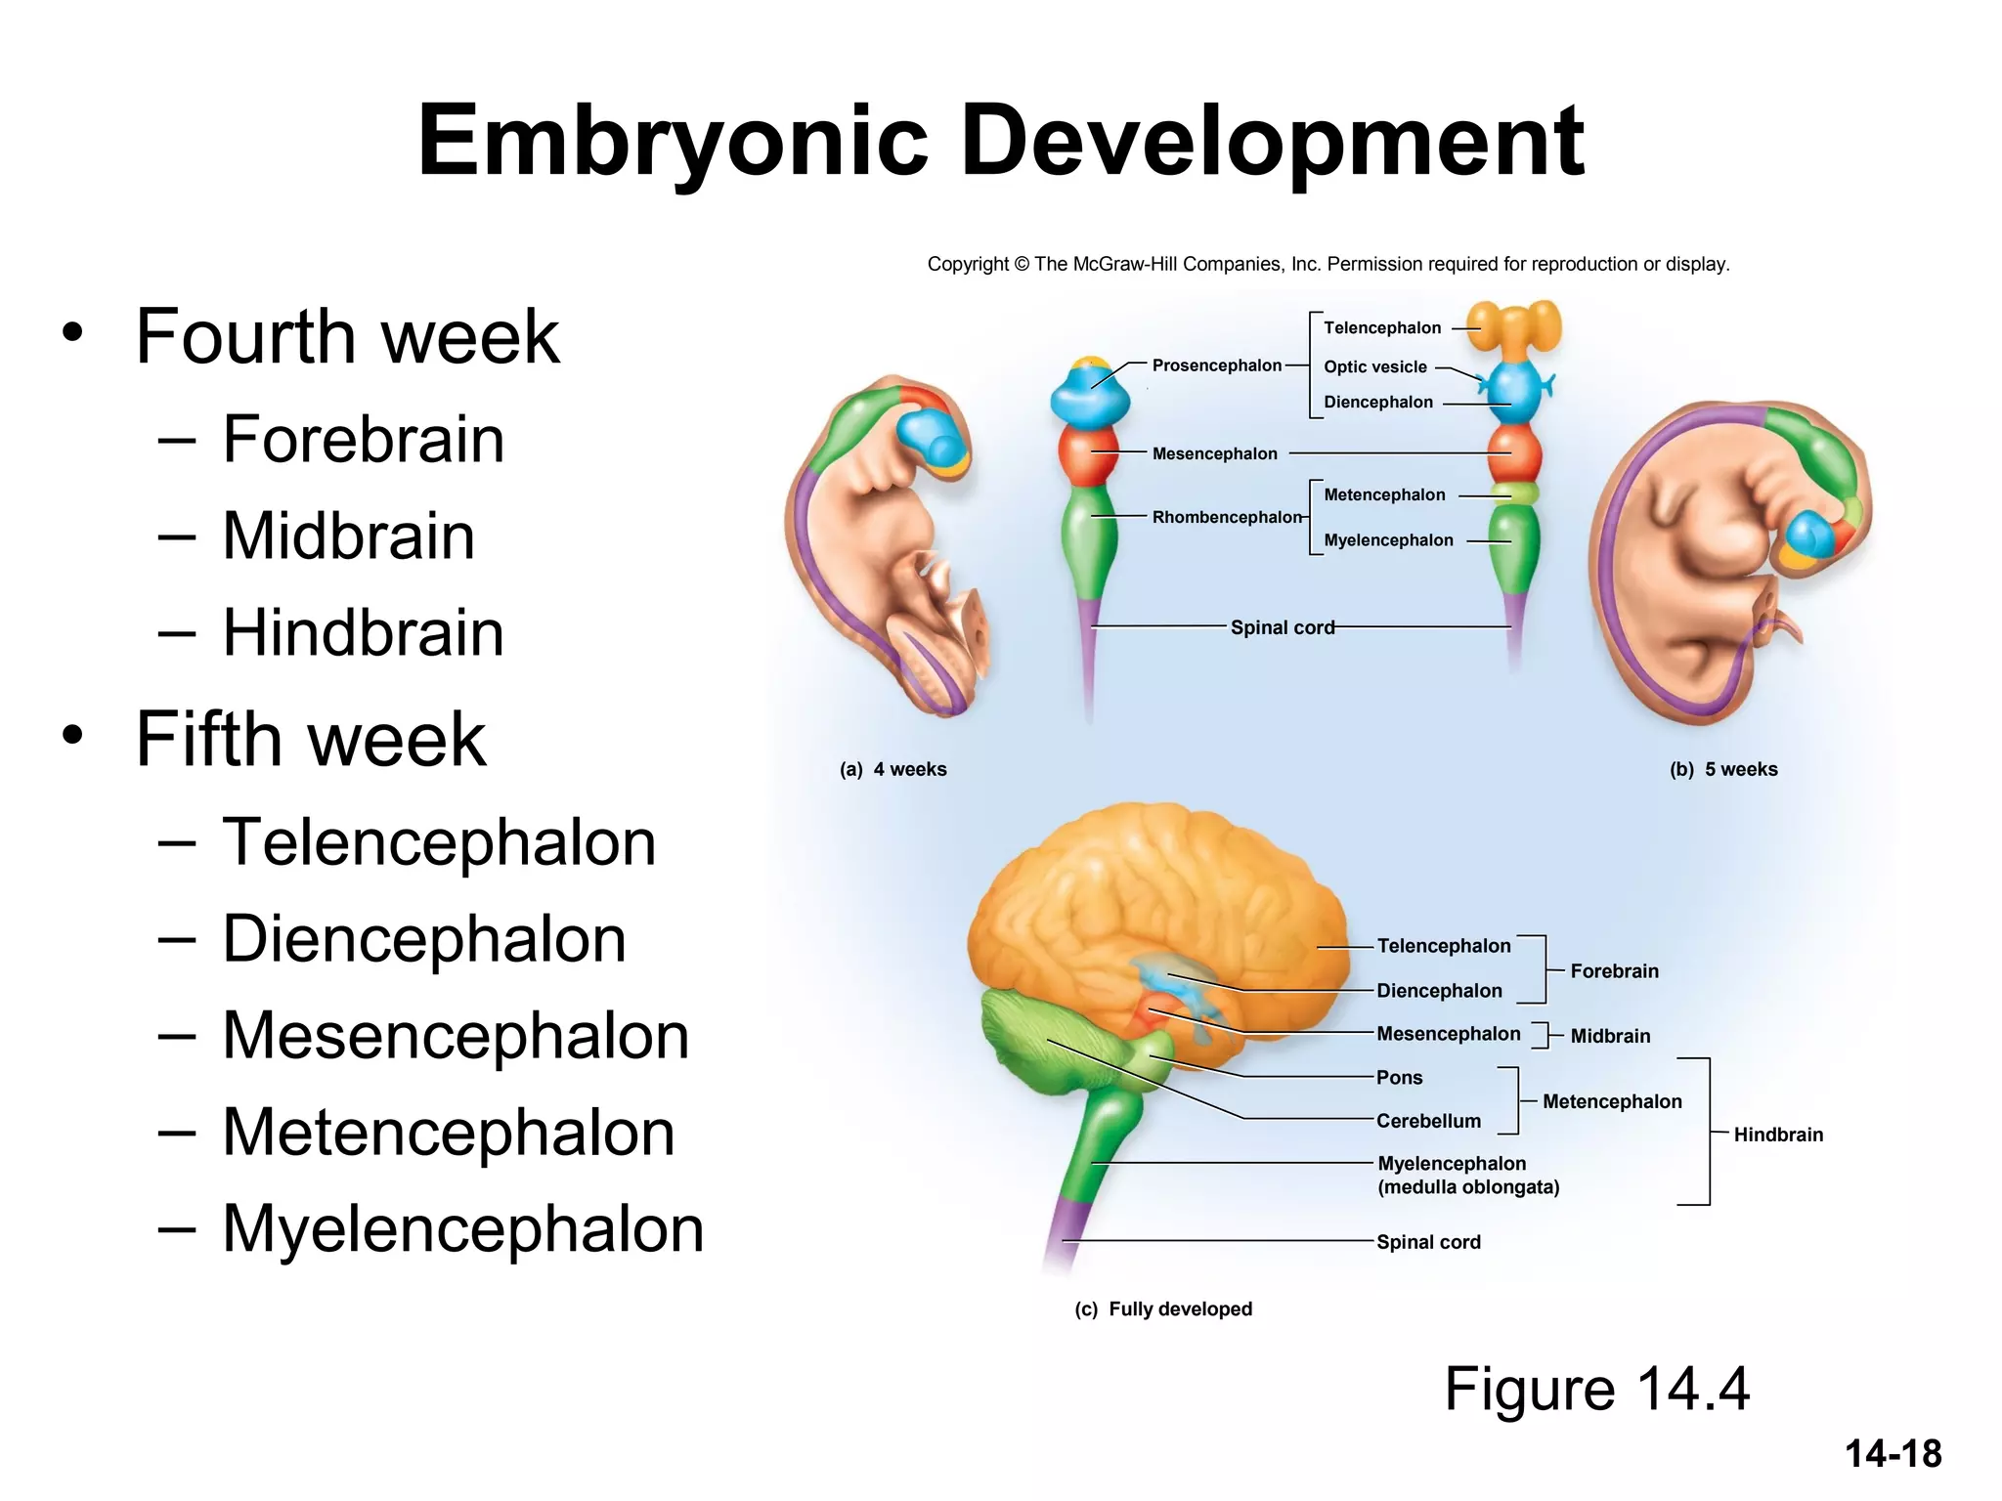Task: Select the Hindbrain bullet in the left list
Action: click(363, 632)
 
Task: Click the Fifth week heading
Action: click(310, 739)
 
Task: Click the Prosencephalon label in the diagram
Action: click(1216, 365)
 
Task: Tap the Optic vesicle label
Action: click(1374, 367)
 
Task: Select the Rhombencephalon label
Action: click(1227, 517)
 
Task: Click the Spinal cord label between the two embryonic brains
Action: click(1282, 627)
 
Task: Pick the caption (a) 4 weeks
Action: click(892, 769)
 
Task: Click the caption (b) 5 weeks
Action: click(1722, 769)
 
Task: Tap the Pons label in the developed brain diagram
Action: click(1399, 1078)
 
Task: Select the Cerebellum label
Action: click(1428, 1121)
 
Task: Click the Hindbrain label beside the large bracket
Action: click(1777, 1135)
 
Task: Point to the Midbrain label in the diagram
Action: click(1609, 1036)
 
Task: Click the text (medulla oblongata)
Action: click(1467, 1187)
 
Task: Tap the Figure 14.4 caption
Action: click(1596, 1389)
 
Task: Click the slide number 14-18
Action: click(1893, 1454)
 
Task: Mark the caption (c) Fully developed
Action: click(1162, 1309)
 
